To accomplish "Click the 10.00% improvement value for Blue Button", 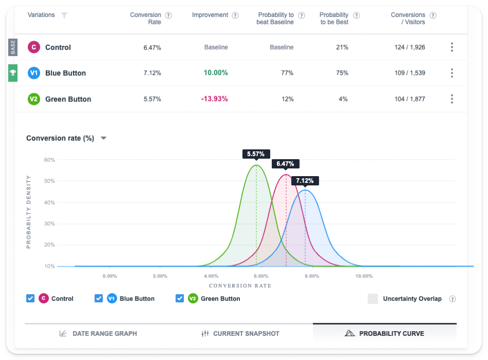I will [x=216, y=73].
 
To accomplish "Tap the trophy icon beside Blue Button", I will [x=13, y=73].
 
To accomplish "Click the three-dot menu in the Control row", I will [x=452, y=47].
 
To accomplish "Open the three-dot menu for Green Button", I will [x=452, y=99].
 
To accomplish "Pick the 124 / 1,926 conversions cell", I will [x=410, y=47].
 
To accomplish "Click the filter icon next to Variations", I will [x=64, y=15].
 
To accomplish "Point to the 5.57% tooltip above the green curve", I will [x=256, y=154].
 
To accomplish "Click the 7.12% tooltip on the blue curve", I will [x=305, y=181].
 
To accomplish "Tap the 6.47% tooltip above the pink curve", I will [x=285, y=164].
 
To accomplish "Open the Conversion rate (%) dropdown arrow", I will [x=103, y=138].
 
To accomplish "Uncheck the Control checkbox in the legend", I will [x=30, y=298].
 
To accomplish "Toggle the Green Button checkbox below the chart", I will [x=180, y=298].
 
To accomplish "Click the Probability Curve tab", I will [x=385, y=333].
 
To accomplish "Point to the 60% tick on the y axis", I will [x=49, y=160].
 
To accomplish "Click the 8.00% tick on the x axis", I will [x=311, y=276].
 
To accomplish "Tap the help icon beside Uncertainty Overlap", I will [x=452, y=299].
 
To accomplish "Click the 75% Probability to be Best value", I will [x=342, y=73].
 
